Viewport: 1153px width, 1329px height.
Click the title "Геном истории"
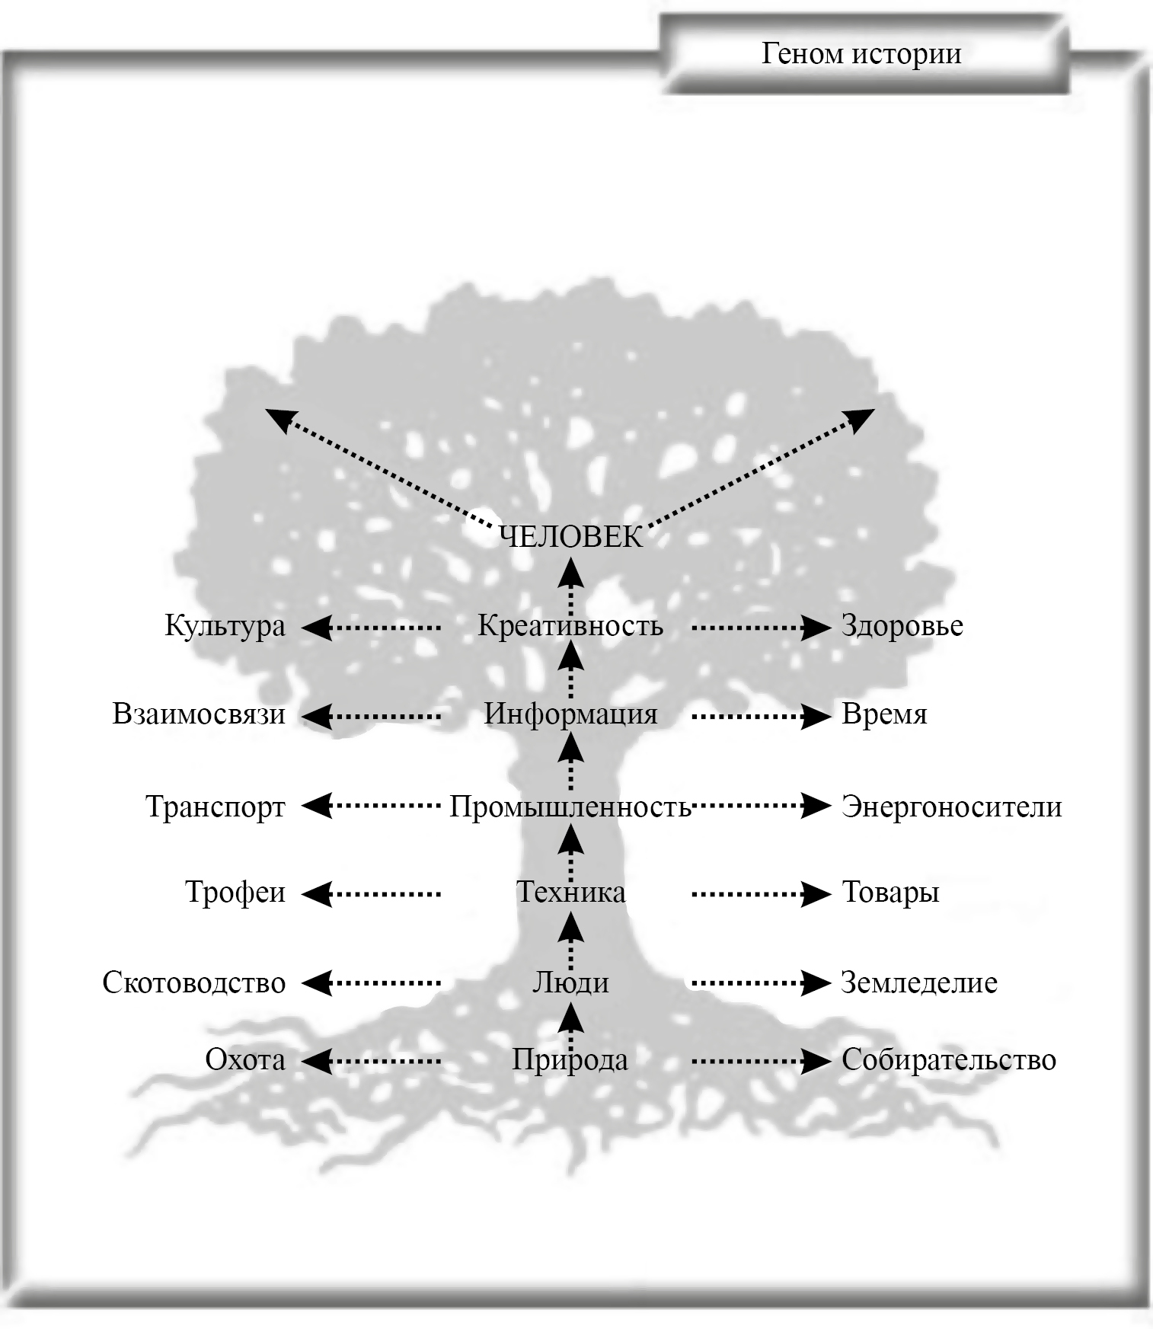[861, 53]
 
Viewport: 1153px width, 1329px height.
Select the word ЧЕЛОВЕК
[571, 538]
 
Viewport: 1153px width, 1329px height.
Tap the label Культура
[225, 626]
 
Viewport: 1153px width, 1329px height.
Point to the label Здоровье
[902, 626]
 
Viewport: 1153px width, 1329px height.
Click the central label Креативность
[570, 626]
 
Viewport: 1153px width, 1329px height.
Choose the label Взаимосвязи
[199, 714]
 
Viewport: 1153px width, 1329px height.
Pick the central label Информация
[570, 714]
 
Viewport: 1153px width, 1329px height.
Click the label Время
[884, 714]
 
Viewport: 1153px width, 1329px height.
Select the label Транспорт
[216, 807]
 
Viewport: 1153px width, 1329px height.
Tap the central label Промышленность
[570, 807]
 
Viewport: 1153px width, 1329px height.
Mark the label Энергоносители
[951, 807]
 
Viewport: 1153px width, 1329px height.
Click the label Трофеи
[235, 892]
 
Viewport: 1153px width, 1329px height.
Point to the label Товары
[890, 892]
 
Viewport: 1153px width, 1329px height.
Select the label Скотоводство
[194, 982]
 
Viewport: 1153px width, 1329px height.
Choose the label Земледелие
[919, 982]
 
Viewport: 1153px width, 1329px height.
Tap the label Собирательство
[949, 1060]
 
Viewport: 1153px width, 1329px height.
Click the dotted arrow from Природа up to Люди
[571, 1024]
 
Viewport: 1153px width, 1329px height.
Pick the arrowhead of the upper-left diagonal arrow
[279, 418]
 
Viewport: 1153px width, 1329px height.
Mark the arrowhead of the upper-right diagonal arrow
[862, 418]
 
